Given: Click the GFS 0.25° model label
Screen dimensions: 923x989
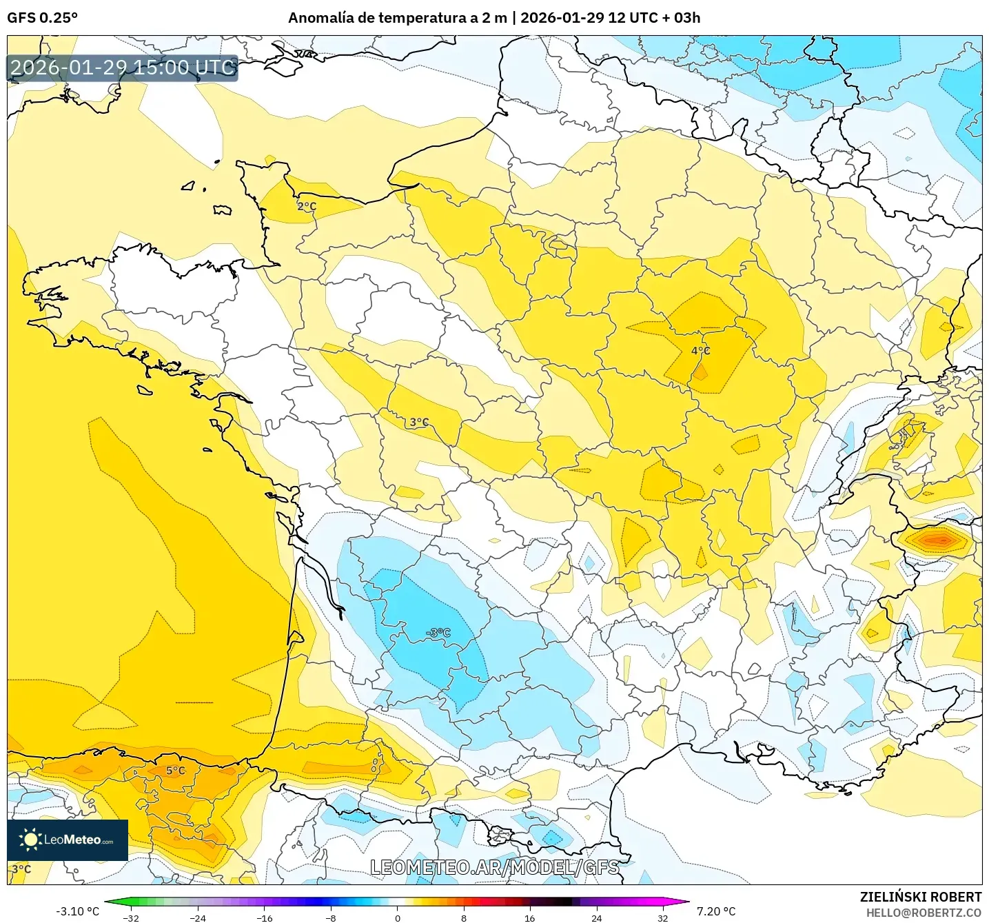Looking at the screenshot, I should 42,18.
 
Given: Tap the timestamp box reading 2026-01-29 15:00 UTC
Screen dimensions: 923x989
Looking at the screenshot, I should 123,68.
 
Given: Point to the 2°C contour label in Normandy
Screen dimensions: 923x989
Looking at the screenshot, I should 307,206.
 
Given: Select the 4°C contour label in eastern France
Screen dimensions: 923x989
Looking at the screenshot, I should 700,351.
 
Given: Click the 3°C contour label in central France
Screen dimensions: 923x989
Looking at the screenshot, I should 419,423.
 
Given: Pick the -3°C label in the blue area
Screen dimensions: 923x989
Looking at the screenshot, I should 438,633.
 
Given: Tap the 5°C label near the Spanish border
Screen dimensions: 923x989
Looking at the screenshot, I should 175,771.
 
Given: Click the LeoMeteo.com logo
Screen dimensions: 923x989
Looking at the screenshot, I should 68,840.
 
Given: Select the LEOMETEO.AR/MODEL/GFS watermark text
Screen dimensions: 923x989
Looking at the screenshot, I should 494,867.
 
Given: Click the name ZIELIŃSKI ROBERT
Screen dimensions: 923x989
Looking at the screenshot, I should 920,897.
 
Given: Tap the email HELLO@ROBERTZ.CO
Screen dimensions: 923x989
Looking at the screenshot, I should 924,913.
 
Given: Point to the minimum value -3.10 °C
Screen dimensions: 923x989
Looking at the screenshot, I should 77,911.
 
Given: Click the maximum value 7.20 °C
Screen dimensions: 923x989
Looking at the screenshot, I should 716,911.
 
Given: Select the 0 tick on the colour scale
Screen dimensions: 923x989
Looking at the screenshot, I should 397,917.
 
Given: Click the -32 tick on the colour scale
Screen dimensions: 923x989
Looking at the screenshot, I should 131,917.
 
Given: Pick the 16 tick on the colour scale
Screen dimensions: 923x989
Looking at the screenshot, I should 529,917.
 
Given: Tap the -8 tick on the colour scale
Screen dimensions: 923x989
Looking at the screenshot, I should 331,917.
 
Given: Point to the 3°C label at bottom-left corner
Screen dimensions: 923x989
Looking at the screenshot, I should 21,869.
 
